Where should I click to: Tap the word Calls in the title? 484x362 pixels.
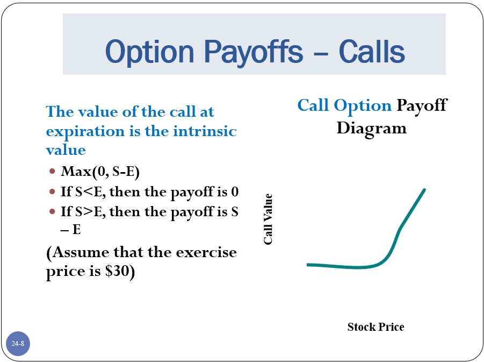pos(372,51)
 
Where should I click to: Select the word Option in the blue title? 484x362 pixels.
pos(149,52)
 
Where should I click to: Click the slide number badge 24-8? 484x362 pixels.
pos(18,344)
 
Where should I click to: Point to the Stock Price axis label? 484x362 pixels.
pos(375,326)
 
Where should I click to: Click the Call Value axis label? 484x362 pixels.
pos(268,219)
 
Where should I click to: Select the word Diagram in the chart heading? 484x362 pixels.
pos(371,129)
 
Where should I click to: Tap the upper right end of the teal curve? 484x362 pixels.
pos(424,190)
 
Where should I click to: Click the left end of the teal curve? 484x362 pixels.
pos(307,265)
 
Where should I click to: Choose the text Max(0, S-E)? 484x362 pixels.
pos(100,172)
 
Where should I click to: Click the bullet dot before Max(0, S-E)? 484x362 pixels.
pos(52,171)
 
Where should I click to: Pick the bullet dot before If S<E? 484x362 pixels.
pos(52,191)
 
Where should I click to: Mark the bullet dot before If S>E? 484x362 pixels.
pos(52,212)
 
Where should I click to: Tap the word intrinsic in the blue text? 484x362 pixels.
pos(205,131)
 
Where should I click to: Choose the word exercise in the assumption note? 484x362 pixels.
pos(206,252)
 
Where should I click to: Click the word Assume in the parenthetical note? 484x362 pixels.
pos(77,253)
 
